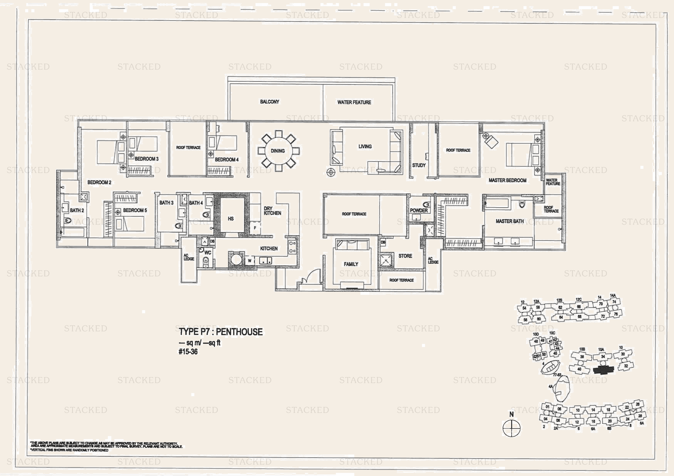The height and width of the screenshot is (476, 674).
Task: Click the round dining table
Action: [278, 151]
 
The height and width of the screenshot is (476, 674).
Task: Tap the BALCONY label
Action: [270, 102]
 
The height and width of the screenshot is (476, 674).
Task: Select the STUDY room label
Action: [419, 165]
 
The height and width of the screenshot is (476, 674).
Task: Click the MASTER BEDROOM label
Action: [507, 180]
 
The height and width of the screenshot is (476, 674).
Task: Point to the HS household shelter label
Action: [231, 219]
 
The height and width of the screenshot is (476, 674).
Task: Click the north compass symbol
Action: [511, 428]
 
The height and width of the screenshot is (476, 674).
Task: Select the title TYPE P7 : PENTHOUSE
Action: [221, 332]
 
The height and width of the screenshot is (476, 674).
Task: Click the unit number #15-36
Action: [188, 352]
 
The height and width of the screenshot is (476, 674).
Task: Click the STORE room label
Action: [405, 256]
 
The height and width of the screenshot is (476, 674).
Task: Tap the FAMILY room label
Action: [351, 264]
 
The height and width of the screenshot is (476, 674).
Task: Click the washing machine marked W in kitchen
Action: [250, 261]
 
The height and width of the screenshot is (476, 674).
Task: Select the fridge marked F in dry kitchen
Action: [255, 228]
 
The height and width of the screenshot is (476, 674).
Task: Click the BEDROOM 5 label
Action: [135, 210]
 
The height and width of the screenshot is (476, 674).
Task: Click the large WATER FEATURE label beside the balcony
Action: [354, 102]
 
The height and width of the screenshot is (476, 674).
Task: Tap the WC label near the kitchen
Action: [208, 253]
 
